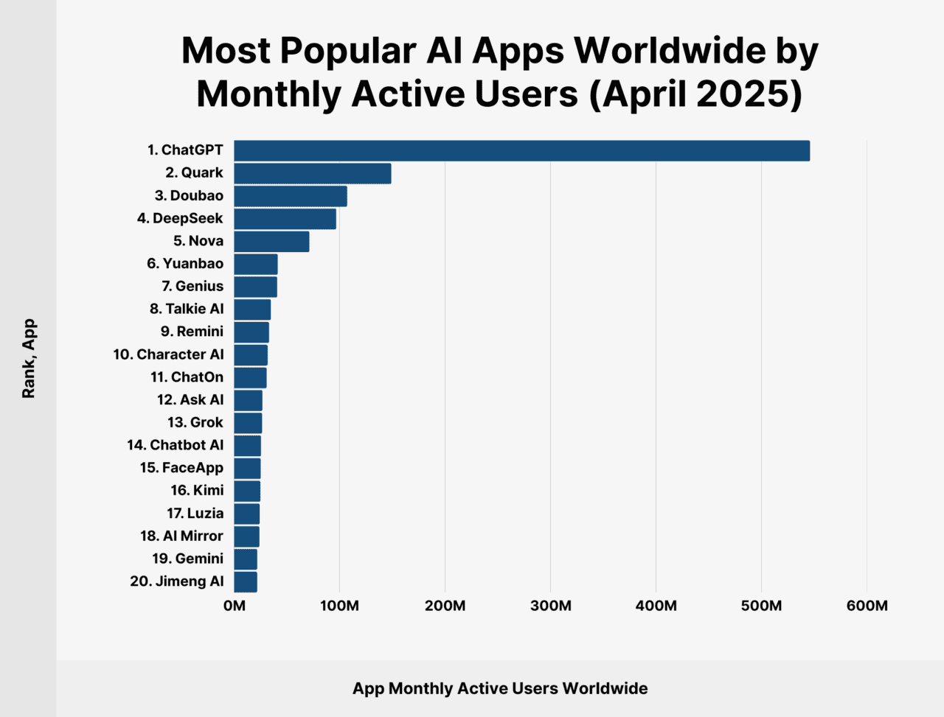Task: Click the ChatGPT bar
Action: pyautogui.click(x=521, y=150)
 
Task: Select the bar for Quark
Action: pyautogui.click(x=312, y=173)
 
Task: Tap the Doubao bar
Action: pyautogui.click(x=290, y=196)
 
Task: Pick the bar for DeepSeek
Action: pyautogui.click(x=285, y=219)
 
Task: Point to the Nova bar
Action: pyautogui.click(x=271, y=241)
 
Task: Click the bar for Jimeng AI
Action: pyautogui.click(x=246, y=581)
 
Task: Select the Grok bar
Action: pyautogui.click(x=248, y=423)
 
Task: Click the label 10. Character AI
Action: pyautogui.click(x=168, y=354)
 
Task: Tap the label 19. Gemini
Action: pyautogui.click(x=187, y=559)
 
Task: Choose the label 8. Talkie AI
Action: pyautogui.click(x=187, y=309)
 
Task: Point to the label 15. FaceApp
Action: pyautogui.click(x=181, y=468)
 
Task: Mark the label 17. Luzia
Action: pyautogui.click(x=195, y=514)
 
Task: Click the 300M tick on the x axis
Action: pyautogui.click(x=550, y=606)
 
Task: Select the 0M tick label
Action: pyautogui.click(x=234, y=606)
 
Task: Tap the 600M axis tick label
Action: pyautogui.click(x=867, y=606)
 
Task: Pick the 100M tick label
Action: pyautogui.click(x=339, y=606)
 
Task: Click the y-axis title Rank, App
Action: pyautogui.click(x=29, y=359)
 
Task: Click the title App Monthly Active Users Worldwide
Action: pyautogui.click(x=500, y=688)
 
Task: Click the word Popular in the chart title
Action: pyautogui.click(x=348, y=51)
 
